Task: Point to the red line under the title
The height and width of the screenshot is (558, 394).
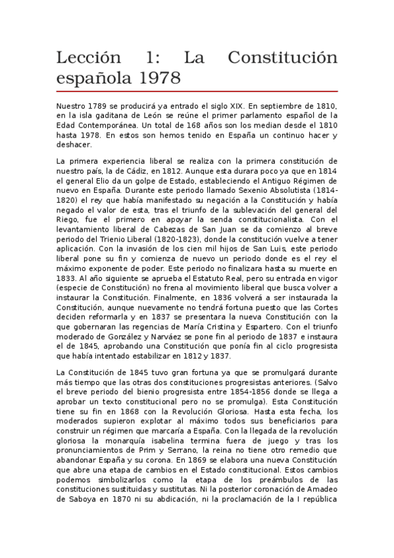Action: pyautogui.click(x=197, y=91)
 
